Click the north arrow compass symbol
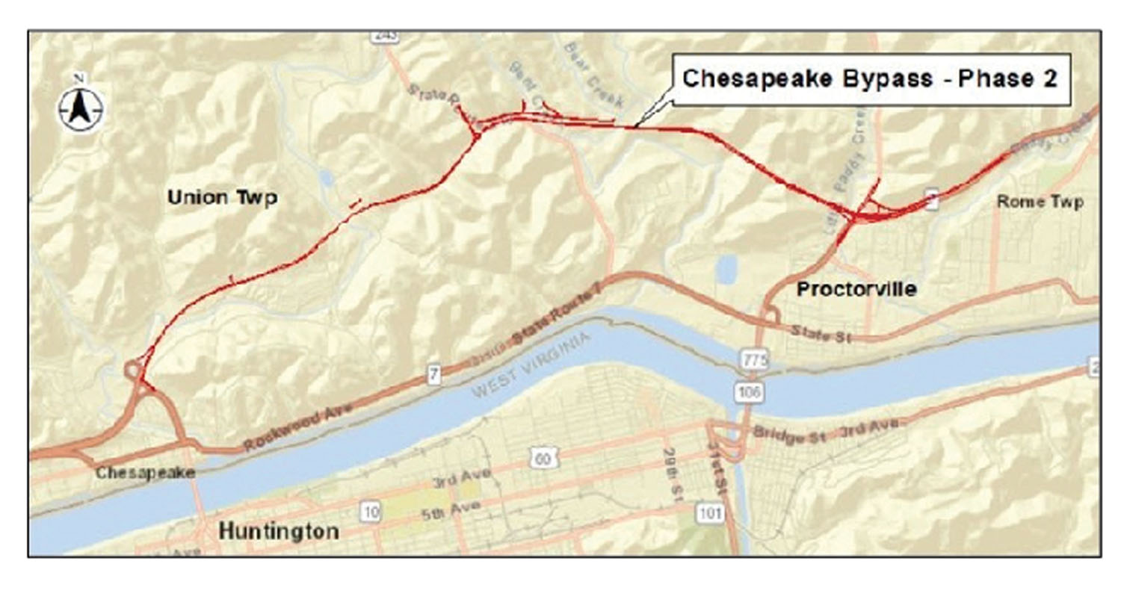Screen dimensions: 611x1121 point(80,109)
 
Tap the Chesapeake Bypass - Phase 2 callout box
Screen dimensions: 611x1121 point(871,79)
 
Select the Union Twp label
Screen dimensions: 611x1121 point(222,198)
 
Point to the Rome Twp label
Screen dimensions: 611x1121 point(1040,202)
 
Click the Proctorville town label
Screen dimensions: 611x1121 point(856,290)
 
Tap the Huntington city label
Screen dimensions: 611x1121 point(278,532)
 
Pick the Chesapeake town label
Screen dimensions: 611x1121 point(145,473)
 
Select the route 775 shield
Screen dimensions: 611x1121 point(755,361)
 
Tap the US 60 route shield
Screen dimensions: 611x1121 point(543,458)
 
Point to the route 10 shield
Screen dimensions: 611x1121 point(370,512)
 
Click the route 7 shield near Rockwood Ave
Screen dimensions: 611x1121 point(433,373)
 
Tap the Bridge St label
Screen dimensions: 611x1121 point(789,435)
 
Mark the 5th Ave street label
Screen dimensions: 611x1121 point(451,511)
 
